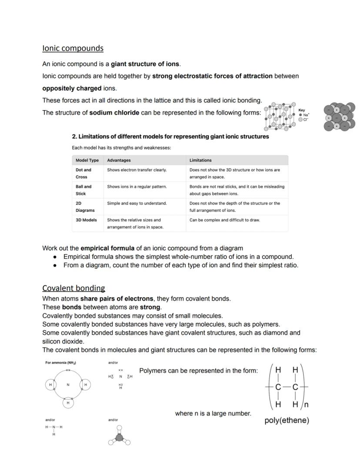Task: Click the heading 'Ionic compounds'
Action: [73, 48]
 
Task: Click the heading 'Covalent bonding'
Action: [73, 288]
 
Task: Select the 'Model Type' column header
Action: [87, 160]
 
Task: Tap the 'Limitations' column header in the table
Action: [200, 160]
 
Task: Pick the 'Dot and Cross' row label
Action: [83, 173]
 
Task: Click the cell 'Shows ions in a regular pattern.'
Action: [137, 187]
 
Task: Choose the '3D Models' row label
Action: [86, 220]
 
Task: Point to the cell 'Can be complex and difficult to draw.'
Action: [224, 220]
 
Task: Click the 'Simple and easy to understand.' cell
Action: [137, 203]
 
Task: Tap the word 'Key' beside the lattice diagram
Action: [302, 111]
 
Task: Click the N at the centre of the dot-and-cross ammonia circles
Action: [68, 385]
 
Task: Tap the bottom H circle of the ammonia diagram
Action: [68, 403]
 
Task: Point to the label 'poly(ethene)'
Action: [287, 421]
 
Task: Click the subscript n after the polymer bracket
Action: [306, 405]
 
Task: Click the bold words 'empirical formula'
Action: [107, 248]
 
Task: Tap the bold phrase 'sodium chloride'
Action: [114, 113]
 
